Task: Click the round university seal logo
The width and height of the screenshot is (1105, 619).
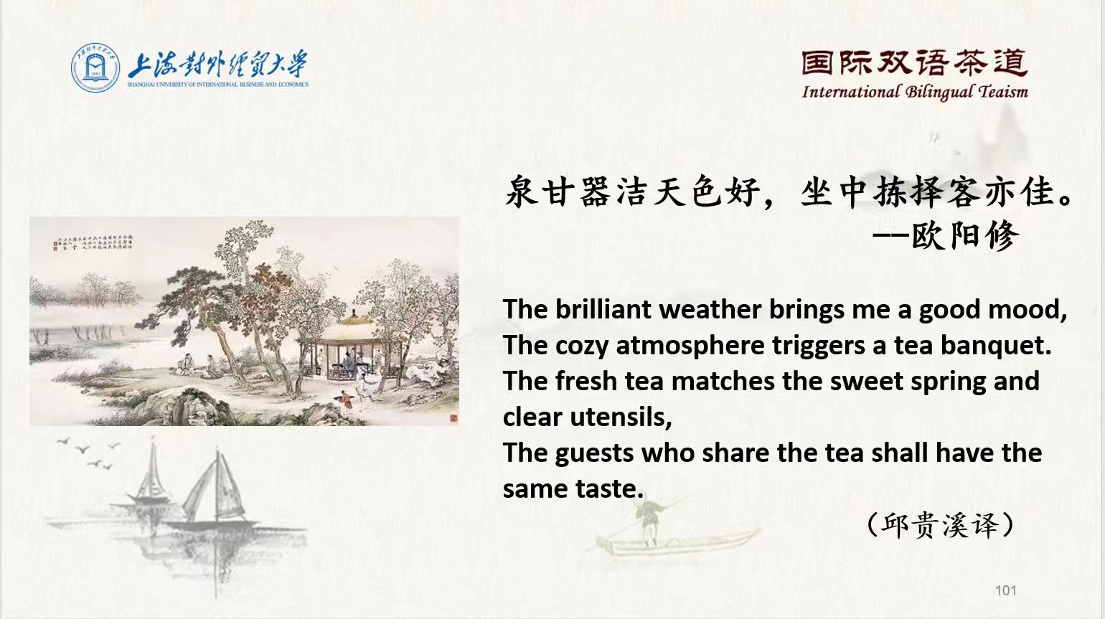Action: [x=95, y=68]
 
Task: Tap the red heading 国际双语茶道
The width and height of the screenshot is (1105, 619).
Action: [x=914, y=64]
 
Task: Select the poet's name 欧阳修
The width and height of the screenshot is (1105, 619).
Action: [x=965, y=235]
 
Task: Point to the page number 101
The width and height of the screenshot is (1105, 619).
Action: [x=1006, y=590]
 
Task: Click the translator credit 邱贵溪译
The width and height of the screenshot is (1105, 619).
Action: [x=940, y=525]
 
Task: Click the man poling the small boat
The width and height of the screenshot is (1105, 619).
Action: [x=650, y=520]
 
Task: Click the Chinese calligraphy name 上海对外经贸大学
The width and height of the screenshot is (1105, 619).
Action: [x=217, y=65]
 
